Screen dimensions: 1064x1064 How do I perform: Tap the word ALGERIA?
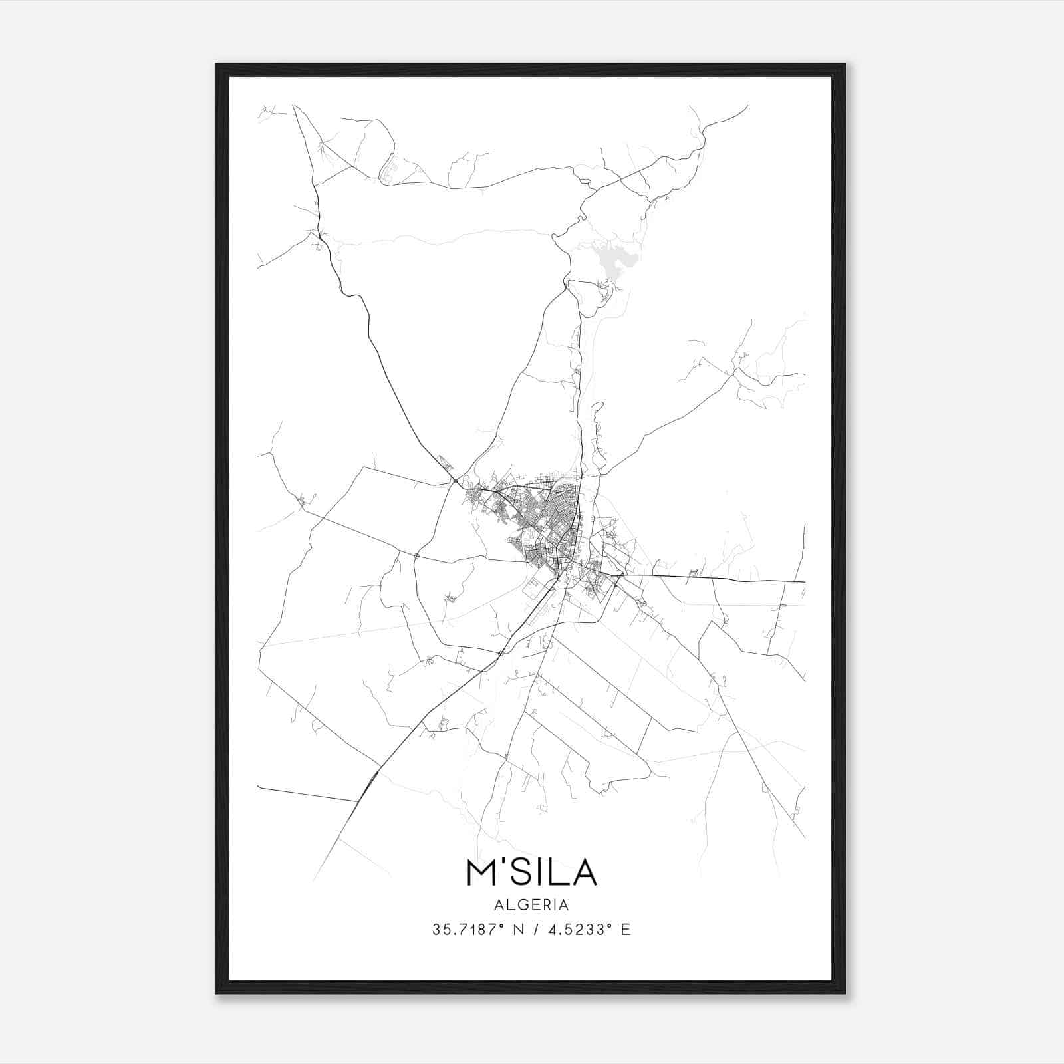[x=531, y=905]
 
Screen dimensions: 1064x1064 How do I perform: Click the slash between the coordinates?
[x=535, y=930]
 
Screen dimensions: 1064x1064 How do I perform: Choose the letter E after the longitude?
[x=625, y=930]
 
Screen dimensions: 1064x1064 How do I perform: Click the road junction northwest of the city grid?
[x=454, y=480]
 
